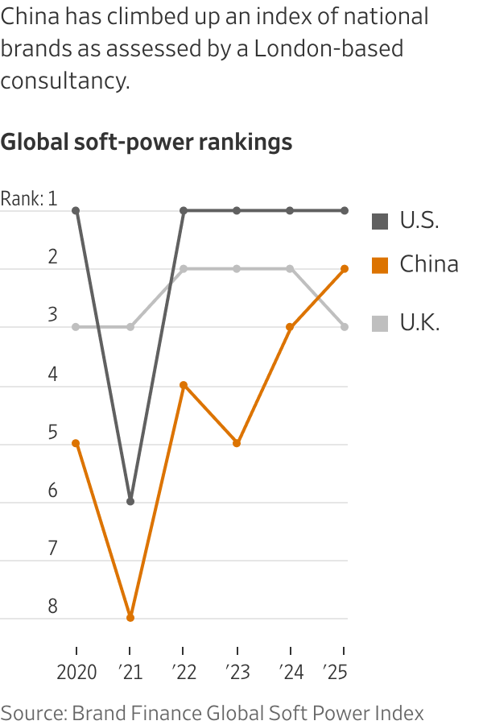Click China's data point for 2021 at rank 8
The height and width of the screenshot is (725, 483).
coord(130,618)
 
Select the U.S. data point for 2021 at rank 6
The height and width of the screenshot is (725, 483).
coord(130,501)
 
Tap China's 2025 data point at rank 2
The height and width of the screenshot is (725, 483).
coord(345,268)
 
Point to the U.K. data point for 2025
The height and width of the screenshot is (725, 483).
coord(345,326)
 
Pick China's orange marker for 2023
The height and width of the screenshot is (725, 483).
coord(237,443)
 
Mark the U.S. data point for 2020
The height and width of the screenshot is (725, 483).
coord(76,210)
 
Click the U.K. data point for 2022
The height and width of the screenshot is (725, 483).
coord(184,268)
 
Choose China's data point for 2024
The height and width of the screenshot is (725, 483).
coord(291,326)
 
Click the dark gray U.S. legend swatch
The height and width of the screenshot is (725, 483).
coord(380,221)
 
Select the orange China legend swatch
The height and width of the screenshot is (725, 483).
coord(380,264)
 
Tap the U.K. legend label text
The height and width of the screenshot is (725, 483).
coord(419,323)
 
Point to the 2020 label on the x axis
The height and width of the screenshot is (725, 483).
coord(76,672)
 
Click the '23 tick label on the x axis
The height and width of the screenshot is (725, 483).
coord(237,672)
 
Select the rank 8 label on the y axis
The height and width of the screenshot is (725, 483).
coord(52,606)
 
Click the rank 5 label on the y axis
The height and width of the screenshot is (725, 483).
coord(52,433)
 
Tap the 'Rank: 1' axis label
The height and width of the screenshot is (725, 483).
coord(29,198)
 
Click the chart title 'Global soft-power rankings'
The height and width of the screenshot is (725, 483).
coord(146,143)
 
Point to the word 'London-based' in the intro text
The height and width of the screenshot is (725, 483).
coord(328,48)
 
